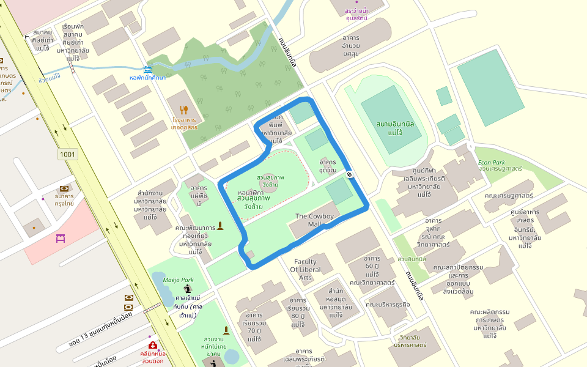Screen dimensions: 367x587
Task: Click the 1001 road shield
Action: tap(68, 154)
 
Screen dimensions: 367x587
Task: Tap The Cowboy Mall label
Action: tap(316, 220)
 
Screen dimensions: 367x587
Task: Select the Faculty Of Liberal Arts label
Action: tap(305, 270)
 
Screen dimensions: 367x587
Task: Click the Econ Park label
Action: tap(491, 163)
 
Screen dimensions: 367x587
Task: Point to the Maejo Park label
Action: tap(178, 280)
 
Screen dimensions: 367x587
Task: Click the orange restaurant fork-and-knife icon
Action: tap(184, 110)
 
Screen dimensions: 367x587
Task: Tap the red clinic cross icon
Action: tap(152, 346)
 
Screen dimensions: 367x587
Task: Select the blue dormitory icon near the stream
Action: tap(147, 70)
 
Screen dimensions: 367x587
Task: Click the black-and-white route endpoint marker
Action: tap(350, 174)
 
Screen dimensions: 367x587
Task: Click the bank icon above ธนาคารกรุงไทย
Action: tap(64, 189)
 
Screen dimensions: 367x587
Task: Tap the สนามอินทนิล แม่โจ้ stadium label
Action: tap(396, 128)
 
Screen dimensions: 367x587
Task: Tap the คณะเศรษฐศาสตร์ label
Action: tap(508, 196)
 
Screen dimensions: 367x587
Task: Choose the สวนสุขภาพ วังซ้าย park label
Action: tap(270, 181)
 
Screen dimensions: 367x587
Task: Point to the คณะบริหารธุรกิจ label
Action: tap(388, 304)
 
